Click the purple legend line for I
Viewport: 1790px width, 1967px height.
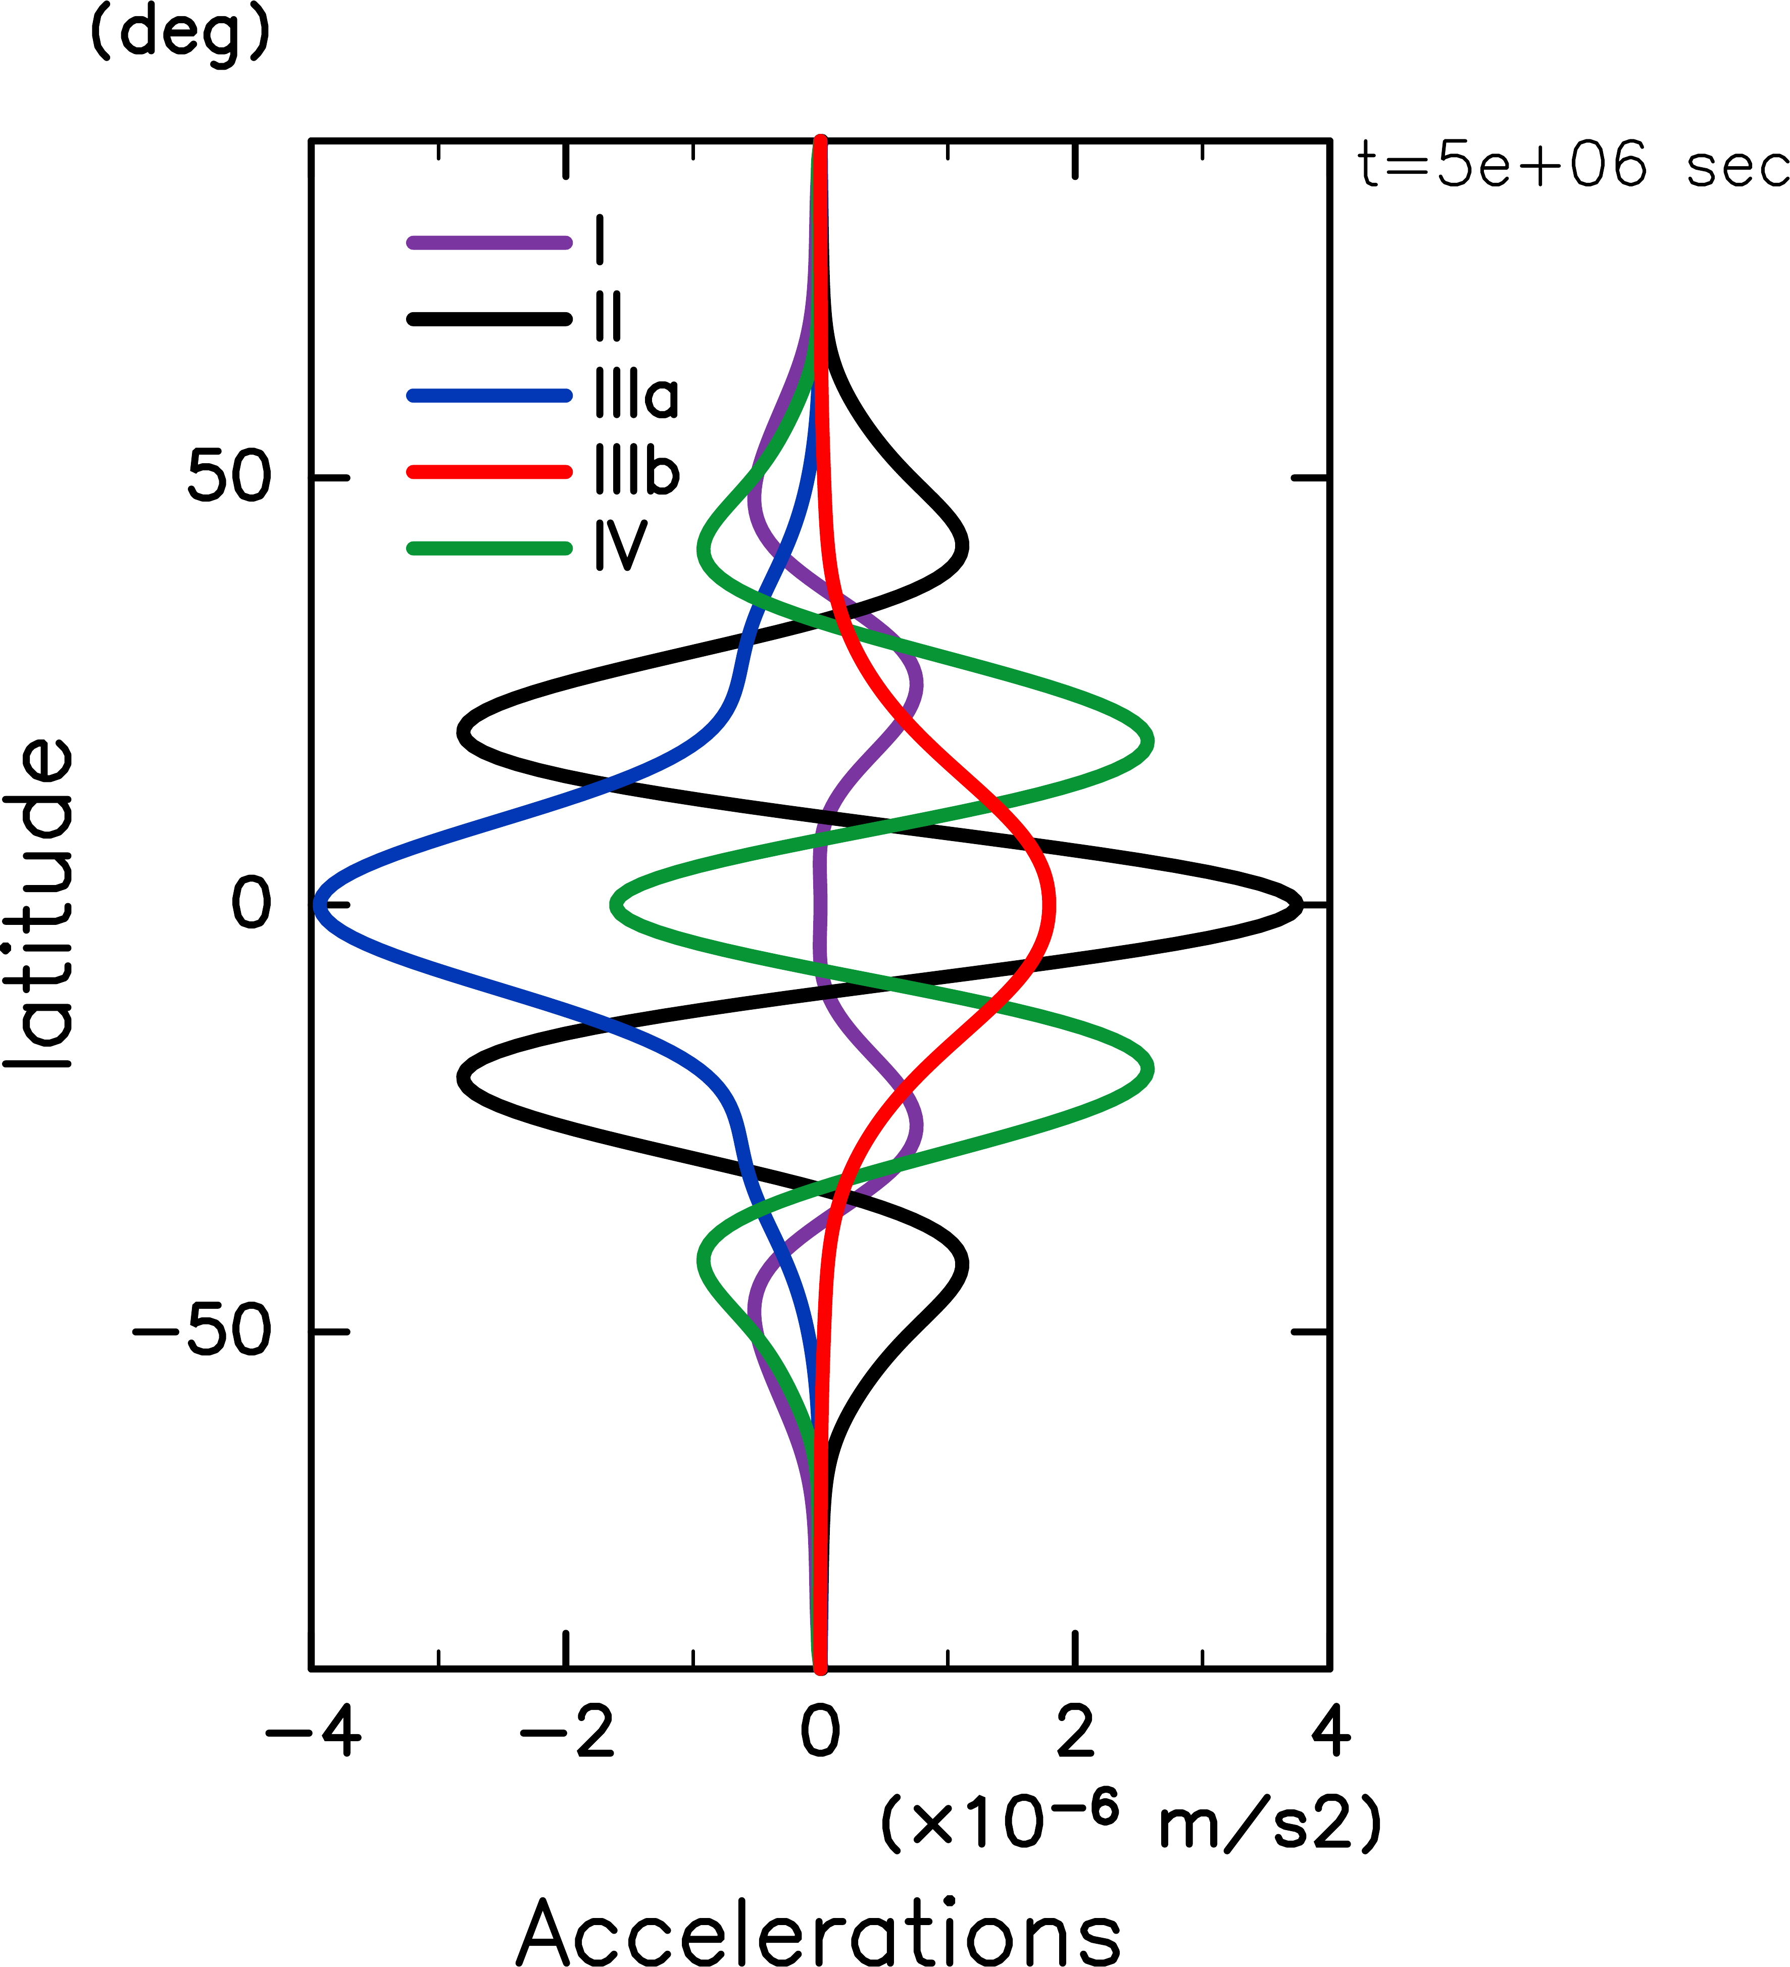click(488, 242)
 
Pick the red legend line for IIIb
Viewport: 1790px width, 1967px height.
click(488, 472)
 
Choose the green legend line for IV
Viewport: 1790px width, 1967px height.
click(488, 549)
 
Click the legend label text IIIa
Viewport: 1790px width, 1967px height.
click(636, 395)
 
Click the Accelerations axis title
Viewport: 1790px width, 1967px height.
click(819, 1930)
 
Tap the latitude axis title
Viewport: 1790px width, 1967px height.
click(39, 905)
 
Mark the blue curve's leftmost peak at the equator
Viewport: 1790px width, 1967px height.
click(318, 905)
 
